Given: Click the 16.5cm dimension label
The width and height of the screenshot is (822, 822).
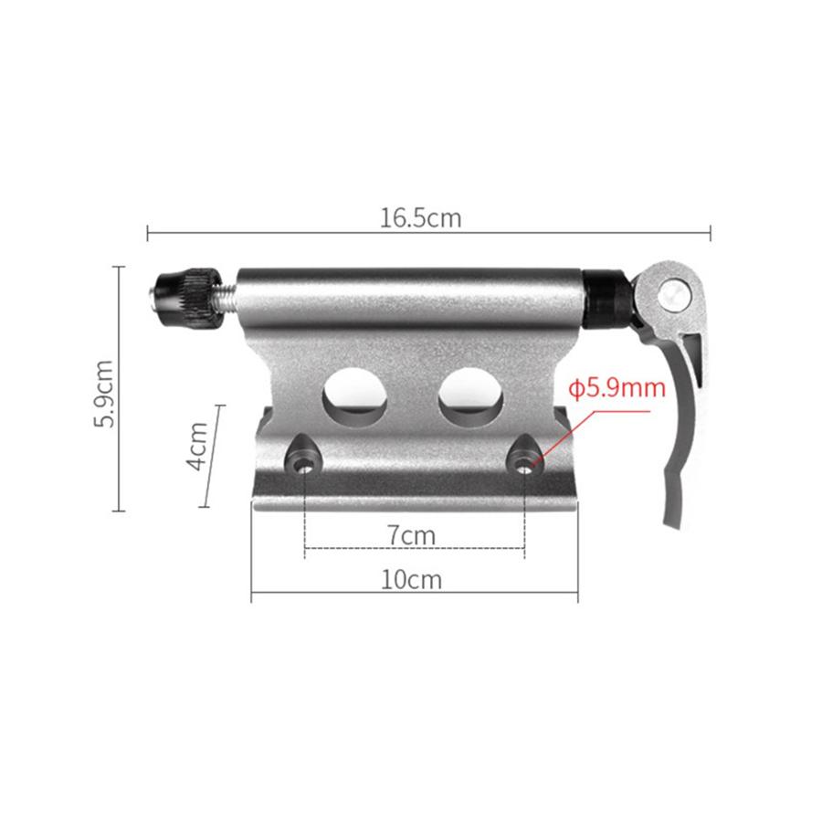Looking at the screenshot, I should (421, 218).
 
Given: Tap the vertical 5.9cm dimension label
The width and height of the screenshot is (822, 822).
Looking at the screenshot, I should (106, 393).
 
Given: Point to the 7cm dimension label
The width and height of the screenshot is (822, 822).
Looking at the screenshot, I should (410, 535).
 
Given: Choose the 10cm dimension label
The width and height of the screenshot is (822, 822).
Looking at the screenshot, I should (413, 579).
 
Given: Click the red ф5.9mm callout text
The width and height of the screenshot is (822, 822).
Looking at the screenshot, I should (617, 387).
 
